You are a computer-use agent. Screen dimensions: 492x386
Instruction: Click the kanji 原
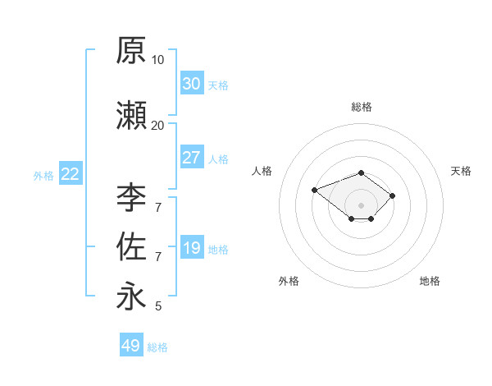pyautogui.click(x=131, y=50)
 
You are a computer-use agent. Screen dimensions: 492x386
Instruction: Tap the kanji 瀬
pyautogui.click(x=131, y=115)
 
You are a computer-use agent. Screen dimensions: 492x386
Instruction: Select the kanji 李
pyautogui.click(x=131, y=198)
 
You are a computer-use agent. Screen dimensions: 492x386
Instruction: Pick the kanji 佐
pyautogui.click(x=131, y=246)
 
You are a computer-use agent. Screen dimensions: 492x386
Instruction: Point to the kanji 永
pyautogui.click(x=131, y=296)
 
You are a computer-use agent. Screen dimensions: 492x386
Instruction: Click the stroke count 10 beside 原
pyautogui.click(x=157, y=60)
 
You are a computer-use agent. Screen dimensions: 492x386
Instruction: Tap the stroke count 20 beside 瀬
pyautogui.click(x=157, y=126)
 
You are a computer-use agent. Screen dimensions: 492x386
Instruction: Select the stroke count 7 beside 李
pyautogui.click(x=158, y=208)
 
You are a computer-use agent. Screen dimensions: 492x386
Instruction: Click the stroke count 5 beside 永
pyautogui.click(x=158, y=306)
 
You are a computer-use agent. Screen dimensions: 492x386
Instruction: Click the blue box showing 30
pyautogui.click(x=192, y=83)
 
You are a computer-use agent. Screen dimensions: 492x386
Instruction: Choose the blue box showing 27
pyautogui.click(x=192, y=157)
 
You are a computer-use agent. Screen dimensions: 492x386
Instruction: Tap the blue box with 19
pyautogui.click(x=192, y=246)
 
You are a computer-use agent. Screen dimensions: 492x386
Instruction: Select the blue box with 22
pyautogui.click(x=71, y=173)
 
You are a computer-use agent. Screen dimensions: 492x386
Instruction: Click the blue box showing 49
pyautogui.click(x=131, y=344)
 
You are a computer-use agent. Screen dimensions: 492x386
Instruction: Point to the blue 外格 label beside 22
pyautogui.click(x=43, y=176)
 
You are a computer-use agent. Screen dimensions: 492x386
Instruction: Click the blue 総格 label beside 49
pyautogui.click(x=157, y=347)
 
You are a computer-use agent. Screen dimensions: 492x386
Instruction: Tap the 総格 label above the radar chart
pyautogui.click(x=362, y=107)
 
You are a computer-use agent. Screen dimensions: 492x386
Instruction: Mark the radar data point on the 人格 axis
pyautogui.click(x=314, y=190)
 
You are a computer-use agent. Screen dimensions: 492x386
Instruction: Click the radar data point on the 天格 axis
pyautogui.click(x=392, y=195)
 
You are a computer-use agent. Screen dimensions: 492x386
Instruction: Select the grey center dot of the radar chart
pyautogui.click(x=361, y=205)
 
